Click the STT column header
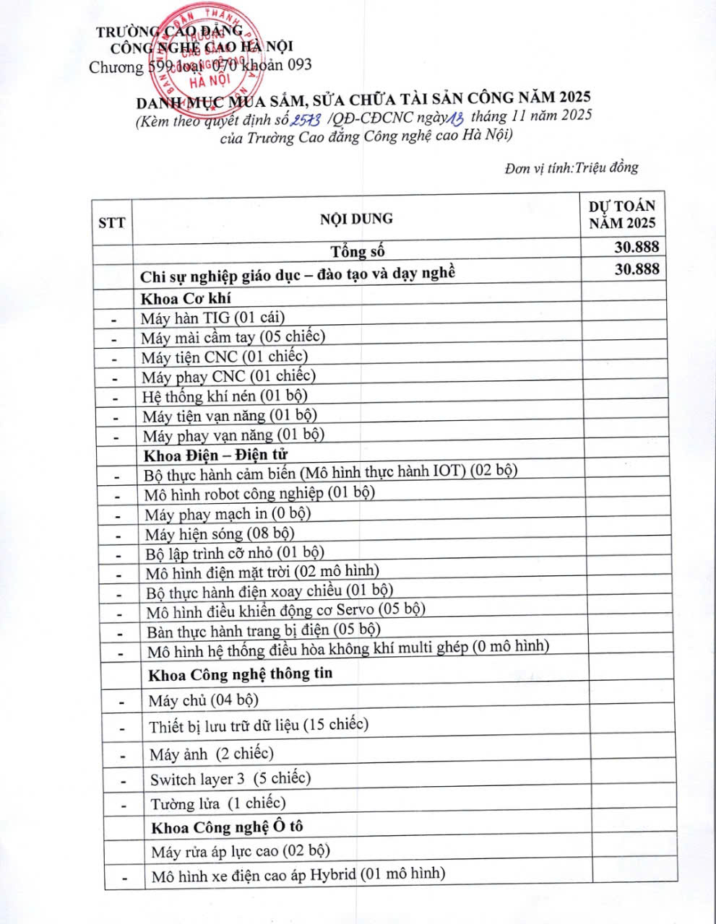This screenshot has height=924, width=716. tap(111, 222)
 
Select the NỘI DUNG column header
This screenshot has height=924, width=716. tap(356, 218)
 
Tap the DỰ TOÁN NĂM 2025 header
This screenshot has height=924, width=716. tap(621, 214)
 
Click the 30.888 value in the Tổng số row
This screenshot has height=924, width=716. tap(636, 247)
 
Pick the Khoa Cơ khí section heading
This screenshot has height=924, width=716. tap(186, 298)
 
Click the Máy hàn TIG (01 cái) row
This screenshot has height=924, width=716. tap(212, 317)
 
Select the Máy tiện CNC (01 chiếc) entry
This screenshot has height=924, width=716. tap(224, 356)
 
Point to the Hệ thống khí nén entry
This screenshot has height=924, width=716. tap(225, 396)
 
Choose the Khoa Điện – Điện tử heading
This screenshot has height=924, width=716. tap(215, 455)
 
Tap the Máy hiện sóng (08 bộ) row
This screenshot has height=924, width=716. tap(219, 534)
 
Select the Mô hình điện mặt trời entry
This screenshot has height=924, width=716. tap(262, 572)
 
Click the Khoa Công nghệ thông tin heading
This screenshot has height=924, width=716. tap(240, 674)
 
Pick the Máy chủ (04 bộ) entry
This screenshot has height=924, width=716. tap(203, 700)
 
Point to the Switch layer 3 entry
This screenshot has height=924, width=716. tap(230, 779)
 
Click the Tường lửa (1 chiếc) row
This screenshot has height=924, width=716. tap(217, 803)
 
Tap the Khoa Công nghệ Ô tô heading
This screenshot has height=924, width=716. tap(227, 827)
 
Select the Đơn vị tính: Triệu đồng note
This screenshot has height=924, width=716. tap(571, 168)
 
